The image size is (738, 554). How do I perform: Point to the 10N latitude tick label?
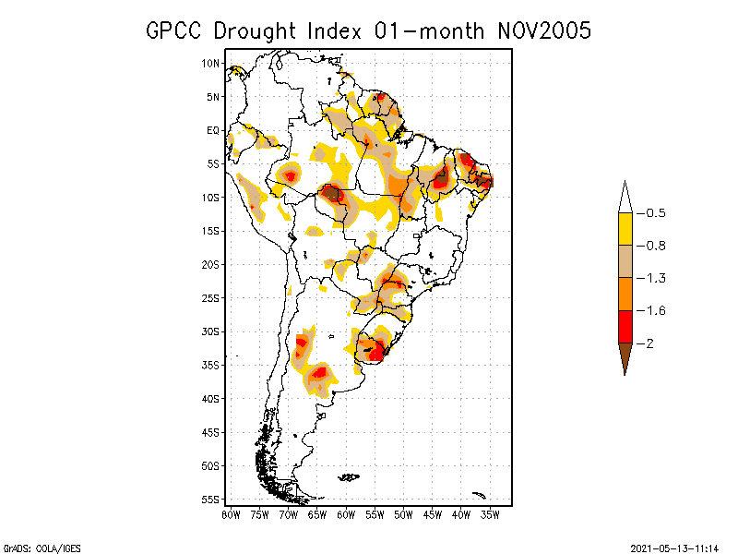point(210,64)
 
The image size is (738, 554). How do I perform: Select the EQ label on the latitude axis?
point(212,130)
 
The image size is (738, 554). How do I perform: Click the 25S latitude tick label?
point(210,297)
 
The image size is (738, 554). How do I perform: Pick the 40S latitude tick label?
point(210,398)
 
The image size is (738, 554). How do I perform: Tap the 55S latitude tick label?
point(210,499)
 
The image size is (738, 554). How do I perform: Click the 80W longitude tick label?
point(231,513)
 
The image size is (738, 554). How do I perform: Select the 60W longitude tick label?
point(346,513)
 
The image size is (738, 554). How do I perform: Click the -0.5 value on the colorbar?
point(655,213)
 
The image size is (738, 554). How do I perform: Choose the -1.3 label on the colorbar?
point(655,278)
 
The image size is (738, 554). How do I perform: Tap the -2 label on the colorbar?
point(649,343)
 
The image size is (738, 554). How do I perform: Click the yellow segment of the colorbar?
point(625,229)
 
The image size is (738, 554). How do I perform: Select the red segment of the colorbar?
point(625,326)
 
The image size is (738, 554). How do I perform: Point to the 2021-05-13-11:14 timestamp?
point(674,547)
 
